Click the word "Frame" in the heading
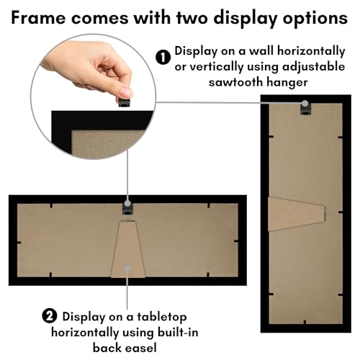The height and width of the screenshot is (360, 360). (38, 17)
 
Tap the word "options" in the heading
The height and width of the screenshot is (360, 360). (315, 19)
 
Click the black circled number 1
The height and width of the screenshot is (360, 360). (163, 58)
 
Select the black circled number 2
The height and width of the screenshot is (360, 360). (50, 316)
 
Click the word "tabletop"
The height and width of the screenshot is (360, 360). (162, 318)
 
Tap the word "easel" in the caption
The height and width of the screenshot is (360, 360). (143, 348)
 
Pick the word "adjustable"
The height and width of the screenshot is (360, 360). (314, 67)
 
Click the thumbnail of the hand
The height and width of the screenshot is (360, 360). (94, 96)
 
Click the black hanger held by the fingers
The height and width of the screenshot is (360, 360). (125, 102)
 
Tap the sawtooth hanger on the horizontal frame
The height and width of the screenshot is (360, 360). (127, 208)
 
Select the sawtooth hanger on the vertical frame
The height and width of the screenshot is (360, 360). (305, 108)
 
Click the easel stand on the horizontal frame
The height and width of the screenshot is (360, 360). (128, 249)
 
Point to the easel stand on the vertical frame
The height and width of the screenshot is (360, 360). (297, 214)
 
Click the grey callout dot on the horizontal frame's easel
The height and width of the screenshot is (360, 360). (127, 268)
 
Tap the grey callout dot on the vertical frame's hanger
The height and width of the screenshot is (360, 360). (305, 103)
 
